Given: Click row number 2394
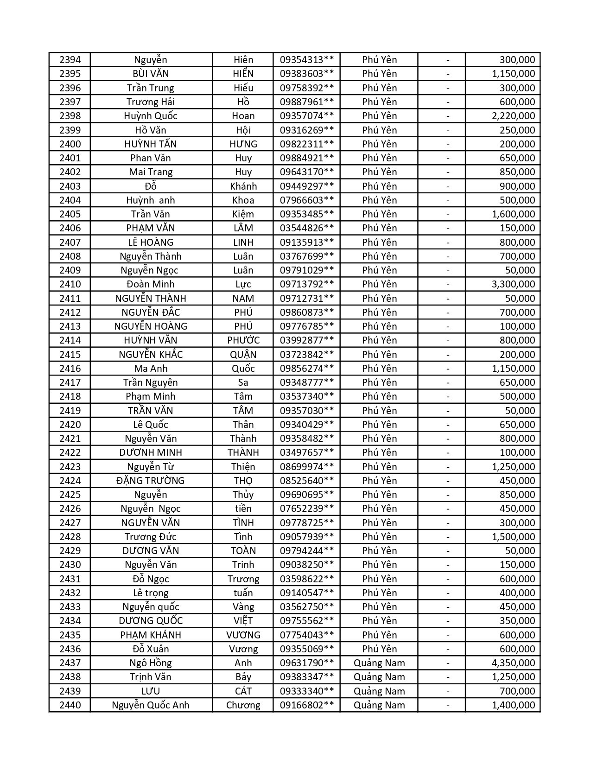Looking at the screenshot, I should (x=70, y=60).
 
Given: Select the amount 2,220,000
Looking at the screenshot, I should (x=513, y=116).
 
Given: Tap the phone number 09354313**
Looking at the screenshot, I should (x=306, y=60).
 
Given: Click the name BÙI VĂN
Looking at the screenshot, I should (x=151, y=74).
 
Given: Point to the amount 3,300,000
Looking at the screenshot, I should (x=513, y=284).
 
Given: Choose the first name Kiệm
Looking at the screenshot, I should (x=243, y=214).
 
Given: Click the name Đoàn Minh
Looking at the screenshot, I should (x=151, y=284).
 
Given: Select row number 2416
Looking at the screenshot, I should (x=70, y=369).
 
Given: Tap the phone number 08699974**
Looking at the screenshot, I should (x=306, y=467).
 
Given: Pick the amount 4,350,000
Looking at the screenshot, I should (x=513, y=663).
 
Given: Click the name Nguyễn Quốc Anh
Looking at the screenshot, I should (x=151, y=705).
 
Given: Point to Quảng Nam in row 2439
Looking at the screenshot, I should (x=379, y=691).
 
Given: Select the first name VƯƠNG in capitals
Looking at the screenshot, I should (x=243, y=635).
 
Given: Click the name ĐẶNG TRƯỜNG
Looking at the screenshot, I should (x=151, y=481).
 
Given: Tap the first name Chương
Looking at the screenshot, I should (x=243, y=705).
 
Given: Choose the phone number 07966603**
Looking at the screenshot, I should (x=306, y=200).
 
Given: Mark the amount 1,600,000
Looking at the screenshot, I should (x=513, y=214).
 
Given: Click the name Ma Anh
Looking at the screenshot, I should (x=151, y=369).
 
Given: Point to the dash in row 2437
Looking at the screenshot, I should (x=447, y=663).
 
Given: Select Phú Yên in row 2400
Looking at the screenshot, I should (x=379, y=144).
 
